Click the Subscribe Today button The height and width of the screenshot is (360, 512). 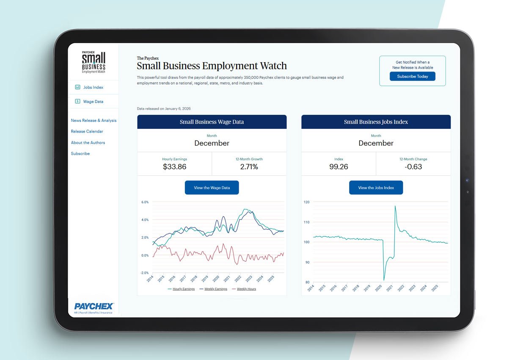pos(412,77)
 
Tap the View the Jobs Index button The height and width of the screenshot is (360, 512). pos(376,188)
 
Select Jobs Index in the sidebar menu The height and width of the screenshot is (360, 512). pos(93,87)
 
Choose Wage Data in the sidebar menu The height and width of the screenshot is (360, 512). pos(93,102)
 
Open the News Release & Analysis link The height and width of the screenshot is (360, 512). pos(94,121)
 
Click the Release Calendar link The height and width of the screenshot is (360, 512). pos(87,132)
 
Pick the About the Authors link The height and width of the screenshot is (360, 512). pos(88,143)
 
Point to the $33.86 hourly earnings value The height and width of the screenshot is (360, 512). pos(174,167)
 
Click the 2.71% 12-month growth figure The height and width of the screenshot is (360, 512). pos(249,167)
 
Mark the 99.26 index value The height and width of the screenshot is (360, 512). pos(339,167)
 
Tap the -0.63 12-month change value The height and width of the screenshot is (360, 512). pos(413,167)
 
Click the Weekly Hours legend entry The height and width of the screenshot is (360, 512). pos(246,289)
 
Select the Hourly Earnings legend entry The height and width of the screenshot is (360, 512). pos(183,289)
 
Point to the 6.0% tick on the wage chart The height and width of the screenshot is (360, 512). pos(144,202)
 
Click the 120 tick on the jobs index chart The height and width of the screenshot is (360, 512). pos(307,202)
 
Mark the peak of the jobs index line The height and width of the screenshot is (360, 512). pos(395,206)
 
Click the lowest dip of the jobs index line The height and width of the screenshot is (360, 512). pos(384,280)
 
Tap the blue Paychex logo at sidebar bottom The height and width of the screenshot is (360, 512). pos(94,306)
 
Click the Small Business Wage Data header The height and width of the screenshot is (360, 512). pos(212,122)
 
